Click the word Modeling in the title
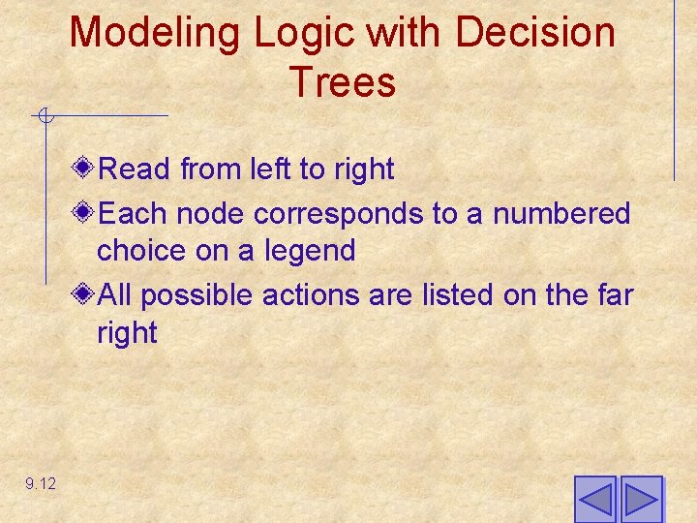(155, 33)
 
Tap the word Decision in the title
(535, 33)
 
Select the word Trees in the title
(342, 83)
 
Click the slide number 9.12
(42, 483)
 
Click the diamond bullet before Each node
(84, 212)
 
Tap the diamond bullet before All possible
(84, 293)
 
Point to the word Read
(136, 169)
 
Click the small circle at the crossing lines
(45, 117)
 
